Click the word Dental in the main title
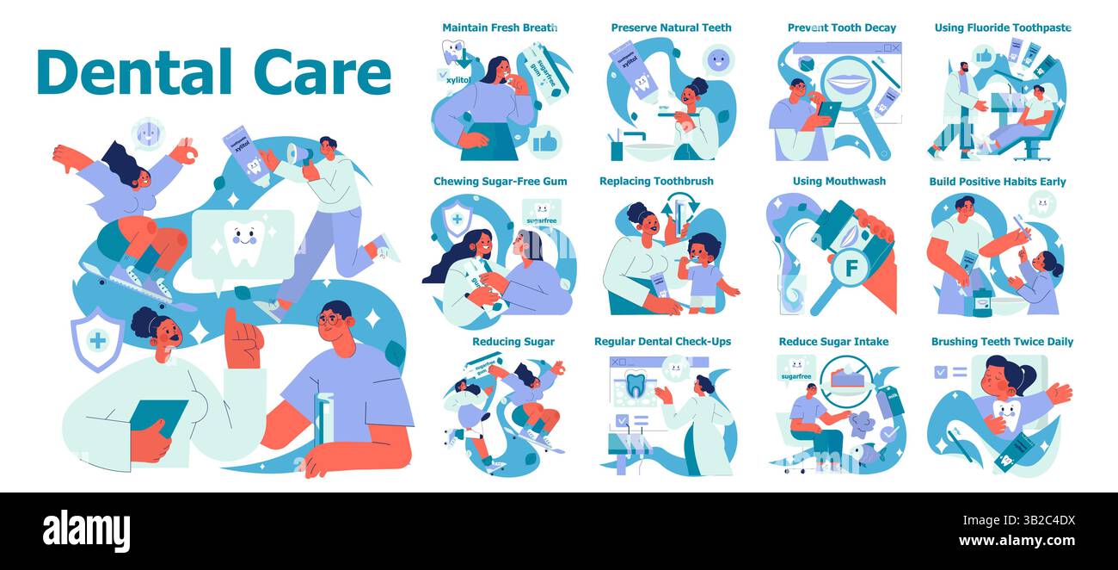126,72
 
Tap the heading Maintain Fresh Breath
500,28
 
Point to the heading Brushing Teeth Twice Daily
1002,342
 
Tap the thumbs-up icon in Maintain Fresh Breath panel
544,143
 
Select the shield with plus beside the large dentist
97,340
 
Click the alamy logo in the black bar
86,530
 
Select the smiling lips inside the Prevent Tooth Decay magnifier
850,87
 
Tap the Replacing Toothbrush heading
656,182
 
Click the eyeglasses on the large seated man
330,320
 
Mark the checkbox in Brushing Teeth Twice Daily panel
941,372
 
